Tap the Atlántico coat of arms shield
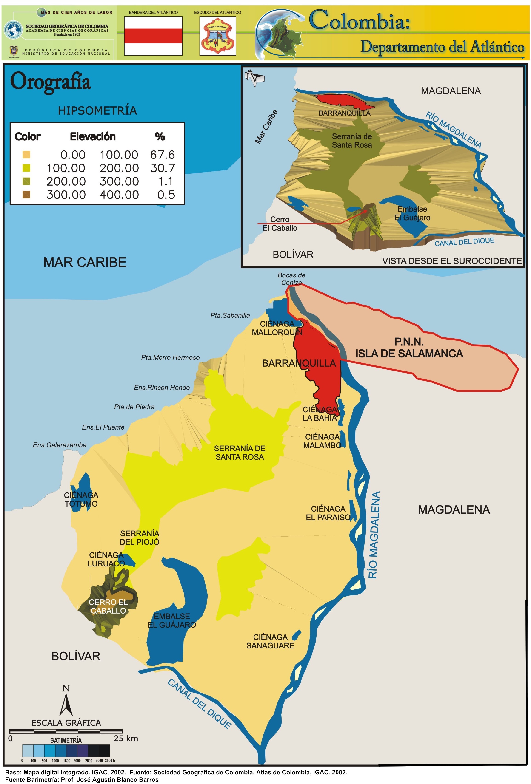pyautogui.click(x=217, y=36)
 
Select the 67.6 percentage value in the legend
pyautogui.click(x=162, y=155)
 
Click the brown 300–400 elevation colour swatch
pyautogui.click(x=26, y=195)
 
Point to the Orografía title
pyautogui.click(x=50, y=82)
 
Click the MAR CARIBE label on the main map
pyautogui.click(x=85, y=262)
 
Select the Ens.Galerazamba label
pyautogui.click(x=59, y=445)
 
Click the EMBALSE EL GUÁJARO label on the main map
pyautogui.click(x=172, y=620)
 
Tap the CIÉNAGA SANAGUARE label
pyautogui.click(x=270, y=641)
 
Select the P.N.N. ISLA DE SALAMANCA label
pyautogui.click(x=409, y=348)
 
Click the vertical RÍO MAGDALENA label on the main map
pyautogui.click(x=374, y=535)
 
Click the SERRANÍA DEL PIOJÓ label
pyautogui.click(x=140, y=537)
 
